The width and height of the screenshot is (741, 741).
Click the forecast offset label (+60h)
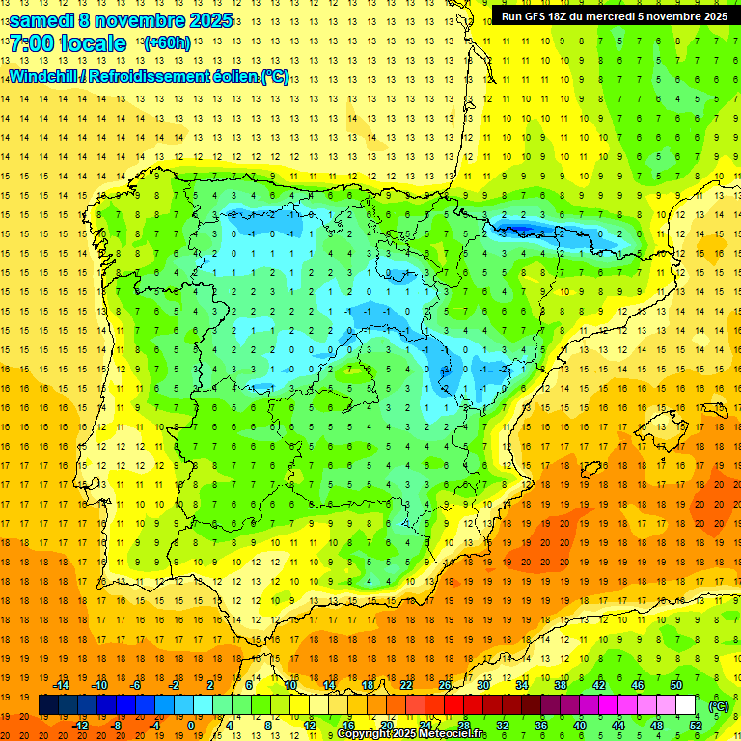[167, 43]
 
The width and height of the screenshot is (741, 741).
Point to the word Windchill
[44, 76]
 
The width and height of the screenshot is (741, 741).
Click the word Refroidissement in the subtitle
[160, 76]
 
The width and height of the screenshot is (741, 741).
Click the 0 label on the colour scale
[190, 726]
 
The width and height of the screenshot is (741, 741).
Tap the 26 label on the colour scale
[444, 685]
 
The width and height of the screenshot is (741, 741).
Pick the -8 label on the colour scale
[116, 726]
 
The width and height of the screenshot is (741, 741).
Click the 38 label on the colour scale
[560, 685]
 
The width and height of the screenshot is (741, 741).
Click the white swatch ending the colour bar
[685, 705]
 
